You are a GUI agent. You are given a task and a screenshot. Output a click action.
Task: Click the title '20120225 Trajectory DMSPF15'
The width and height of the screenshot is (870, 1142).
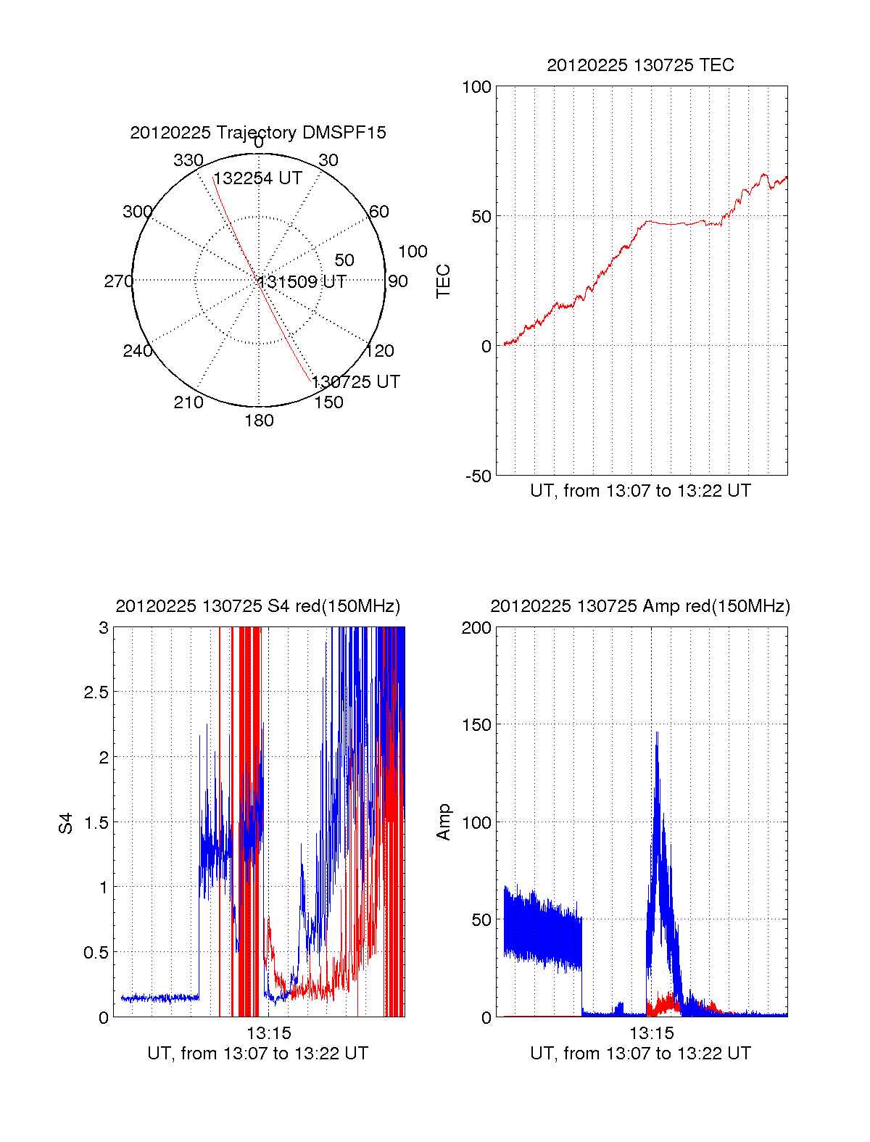coord(258,133)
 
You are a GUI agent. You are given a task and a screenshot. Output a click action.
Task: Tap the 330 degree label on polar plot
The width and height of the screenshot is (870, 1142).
coord(188,160)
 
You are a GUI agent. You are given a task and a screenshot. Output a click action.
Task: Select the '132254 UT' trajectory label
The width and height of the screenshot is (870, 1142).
coord(257,178)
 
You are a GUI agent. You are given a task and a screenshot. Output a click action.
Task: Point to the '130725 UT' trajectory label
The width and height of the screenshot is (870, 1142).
coord(356,381)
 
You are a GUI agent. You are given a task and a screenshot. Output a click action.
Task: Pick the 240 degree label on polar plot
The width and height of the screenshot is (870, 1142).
coord(138,351)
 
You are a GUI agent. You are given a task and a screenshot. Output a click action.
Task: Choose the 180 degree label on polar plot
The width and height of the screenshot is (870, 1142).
coord(259,421)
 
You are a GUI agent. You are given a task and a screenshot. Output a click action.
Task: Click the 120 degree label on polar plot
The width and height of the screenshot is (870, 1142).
coord(380,351)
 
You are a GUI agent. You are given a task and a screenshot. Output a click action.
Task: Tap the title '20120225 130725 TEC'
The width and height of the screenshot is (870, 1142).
coord(640,65)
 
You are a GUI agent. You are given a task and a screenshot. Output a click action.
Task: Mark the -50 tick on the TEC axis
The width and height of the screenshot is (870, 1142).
coord(478,476)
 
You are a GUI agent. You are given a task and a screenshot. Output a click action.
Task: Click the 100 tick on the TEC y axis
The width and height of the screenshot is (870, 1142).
coord(476,87)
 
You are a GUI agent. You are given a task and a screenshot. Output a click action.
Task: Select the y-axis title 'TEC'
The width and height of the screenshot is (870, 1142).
coord(443,281)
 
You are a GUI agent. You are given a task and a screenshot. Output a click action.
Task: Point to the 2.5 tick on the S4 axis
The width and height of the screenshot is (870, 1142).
coord(96,692)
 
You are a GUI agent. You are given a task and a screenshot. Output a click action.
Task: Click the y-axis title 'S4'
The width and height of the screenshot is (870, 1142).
coord(66,823)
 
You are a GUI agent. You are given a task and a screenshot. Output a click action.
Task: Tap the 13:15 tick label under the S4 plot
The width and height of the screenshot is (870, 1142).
coord(269,1033)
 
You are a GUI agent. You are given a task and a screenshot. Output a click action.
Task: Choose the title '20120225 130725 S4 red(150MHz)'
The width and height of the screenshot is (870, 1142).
coord(258,606)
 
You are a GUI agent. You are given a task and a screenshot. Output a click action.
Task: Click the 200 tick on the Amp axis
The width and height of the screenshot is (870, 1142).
coord(476,628)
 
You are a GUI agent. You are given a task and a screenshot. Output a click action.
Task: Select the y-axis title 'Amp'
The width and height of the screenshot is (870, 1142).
coord(443,822)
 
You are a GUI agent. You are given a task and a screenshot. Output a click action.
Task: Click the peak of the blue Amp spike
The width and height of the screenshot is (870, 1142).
coord(657,733)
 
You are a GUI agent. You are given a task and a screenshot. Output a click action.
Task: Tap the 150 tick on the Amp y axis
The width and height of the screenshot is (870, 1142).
coord(476,725)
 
